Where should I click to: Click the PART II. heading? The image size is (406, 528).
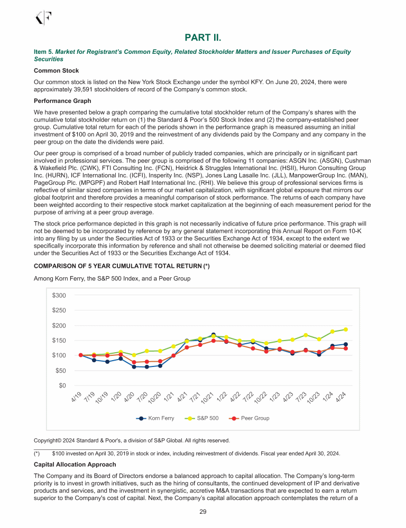[x=203, y=36]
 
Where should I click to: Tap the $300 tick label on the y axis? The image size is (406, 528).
[x=59, y=295]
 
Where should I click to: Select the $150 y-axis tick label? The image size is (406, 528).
[x=59, y=340]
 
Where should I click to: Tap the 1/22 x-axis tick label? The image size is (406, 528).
[x=222, y=399]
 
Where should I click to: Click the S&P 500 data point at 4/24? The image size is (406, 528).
[x=346, y=329]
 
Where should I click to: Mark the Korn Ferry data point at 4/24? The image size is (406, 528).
[x=346, y=344]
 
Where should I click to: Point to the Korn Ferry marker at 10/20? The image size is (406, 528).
[x=160, y=365]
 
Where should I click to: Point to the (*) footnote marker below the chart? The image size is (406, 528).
[x=36, y=454]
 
